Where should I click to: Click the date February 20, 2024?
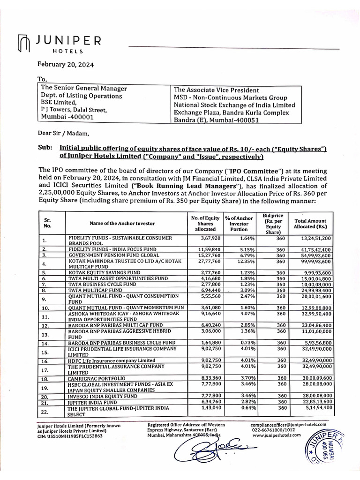click(66, 65)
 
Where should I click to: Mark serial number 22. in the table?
click(45, 412)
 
